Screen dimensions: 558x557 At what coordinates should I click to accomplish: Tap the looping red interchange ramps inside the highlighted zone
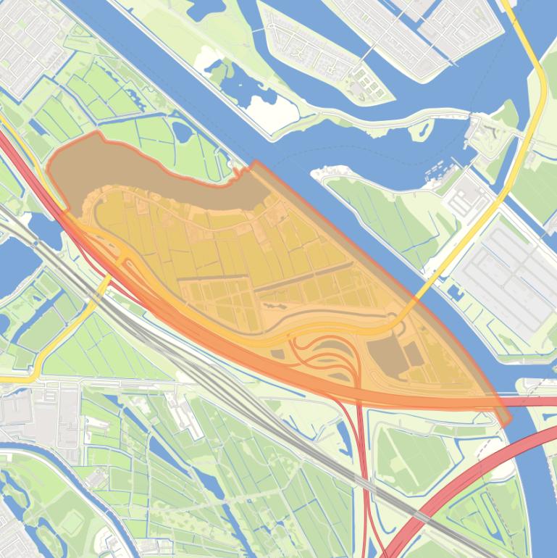tap(326, 355)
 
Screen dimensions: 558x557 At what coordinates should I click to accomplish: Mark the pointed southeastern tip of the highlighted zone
tap(505, 420)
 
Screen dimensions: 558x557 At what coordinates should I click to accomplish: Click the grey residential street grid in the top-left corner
tap(29, 43)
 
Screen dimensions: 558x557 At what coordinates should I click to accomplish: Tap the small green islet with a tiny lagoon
tap(420, 130)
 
